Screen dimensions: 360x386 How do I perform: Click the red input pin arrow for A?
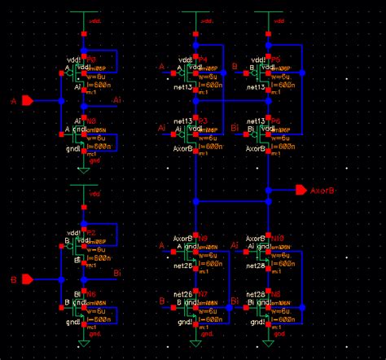27,101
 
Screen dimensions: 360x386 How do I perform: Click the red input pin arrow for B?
27,279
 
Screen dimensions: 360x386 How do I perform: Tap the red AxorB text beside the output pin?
323,190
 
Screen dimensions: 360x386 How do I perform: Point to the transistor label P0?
92,59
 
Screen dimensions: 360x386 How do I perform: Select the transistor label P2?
92,233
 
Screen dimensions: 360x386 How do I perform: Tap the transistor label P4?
204,59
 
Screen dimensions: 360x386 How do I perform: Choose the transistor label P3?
204,121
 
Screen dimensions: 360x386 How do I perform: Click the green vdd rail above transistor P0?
83,14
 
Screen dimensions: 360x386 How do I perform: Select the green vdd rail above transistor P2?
83,187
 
